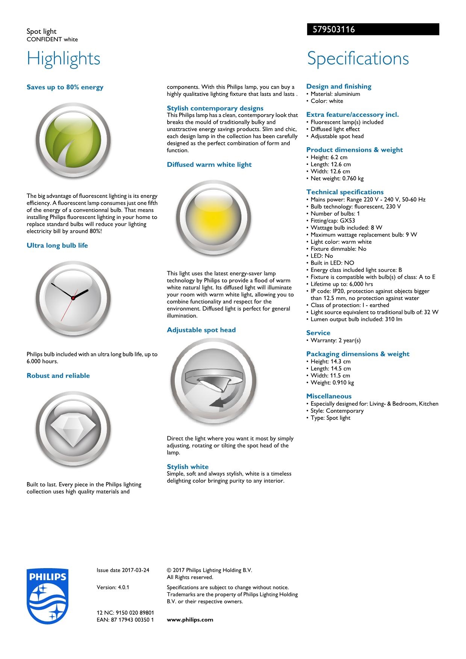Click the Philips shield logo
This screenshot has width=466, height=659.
47,596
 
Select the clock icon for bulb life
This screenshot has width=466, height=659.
73,297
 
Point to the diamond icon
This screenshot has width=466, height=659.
73,429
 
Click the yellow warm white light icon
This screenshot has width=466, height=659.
213,218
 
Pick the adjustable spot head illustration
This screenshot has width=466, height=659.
213,382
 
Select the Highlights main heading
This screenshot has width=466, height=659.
64,59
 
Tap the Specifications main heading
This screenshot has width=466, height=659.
357,59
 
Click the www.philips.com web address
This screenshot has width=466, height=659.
190,620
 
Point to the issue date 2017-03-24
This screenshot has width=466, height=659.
123,570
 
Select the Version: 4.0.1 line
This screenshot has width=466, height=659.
113,587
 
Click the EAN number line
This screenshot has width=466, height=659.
125,620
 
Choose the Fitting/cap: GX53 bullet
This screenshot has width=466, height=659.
333,221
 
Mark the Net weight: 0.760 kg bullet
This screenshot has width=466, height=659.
337,178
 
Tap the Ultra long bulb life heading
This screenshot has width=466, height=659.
57,246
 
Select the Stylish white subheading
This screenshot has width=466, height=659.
188,466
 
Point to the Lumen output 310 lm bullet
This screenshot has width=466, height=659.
356,319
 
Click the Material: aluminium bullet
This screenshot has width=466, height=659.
335,94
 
